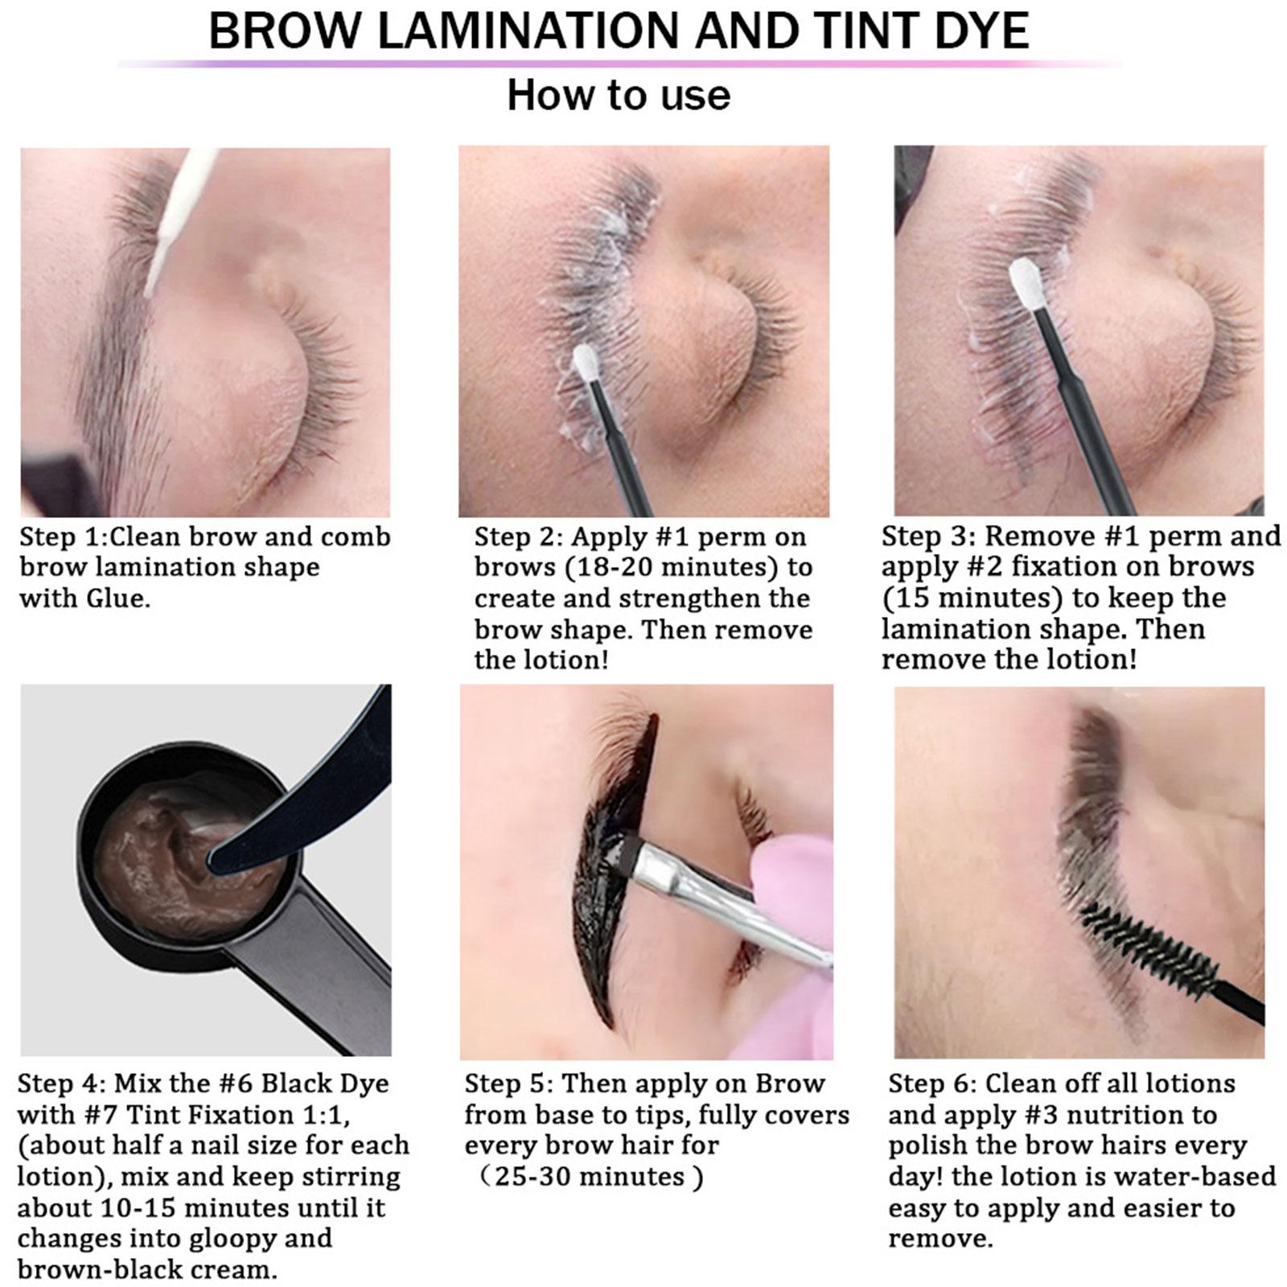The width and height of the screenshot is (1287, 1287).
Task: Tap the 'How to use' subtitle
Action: pyautogui.click(x=619, y=95)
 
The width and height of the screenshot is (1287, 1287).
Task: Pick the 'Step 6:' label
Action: pyautogui.click(x=932, y=1083)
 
